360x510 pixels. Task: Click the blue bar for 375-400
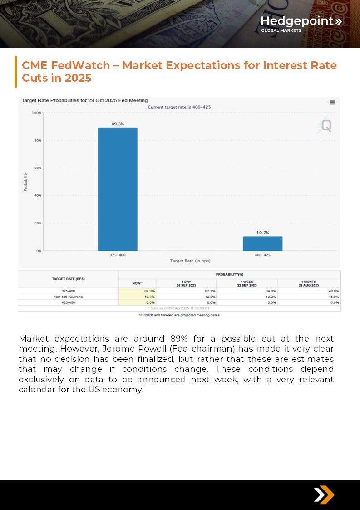pos(118,189)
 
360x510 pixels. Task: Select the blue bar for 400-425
pos(262,243)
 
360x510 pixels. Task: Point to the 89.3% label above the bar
pos(118,124)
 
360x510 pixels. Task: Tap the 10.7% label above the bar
pos(262,233)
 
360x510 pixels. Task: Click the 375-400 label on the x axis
pos(118,255)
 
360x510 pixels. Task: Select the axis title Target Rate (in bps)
pos(190,261)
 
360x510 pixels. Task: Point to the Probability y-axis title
pos(25,182)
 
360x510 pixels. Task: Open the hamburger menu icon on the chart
pos(332,103)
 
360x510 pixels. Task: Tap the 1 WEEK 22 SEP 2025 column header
pos(247,283)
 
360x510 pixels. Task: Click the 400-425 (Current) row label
pos(68,297)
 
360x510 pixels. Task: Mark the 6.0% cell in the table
pos(335,302)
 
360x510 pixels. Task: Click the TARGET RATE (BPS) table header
pos(68,278)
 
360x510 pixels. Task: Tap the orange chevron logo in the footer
pos(324,495)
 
